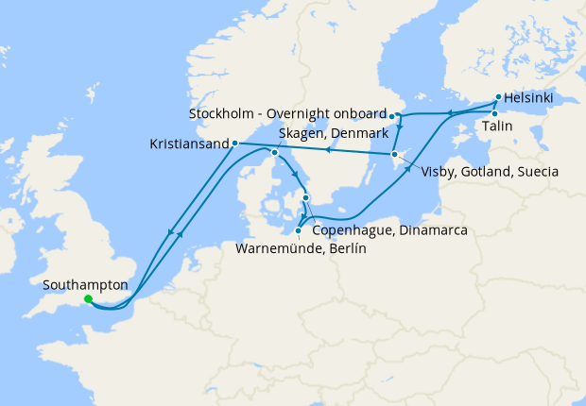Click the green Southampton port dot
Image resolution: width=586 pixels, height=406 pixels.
(88, 299)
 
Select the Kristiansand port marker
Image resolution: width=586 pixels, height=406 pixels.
(233, 144)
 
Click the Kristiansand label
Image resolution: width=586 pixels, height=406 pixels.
(189, 144)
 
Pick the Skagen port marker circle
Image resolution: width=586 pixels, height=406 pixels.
(274, 152)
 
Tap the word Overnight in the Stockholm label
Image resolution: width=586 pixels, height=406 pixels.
(296, 114)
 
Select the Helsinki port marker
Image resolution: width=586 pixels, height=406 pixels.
(498, 96)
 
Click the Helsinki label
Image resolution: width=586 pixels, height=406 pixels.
(529, 97)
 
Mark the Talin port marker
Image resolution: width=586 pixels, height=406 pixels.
(494, 113)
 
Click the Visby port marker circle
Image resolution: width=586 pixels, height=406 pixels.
(394, 154)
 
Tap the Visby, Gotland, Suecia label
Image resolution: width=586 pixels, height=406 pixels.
(482, 173)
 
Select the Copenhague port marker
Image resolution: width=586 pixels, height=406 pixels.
(305, 197)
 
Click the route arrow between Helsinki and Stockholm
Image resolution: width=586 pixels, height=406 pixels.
(449, 113)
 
